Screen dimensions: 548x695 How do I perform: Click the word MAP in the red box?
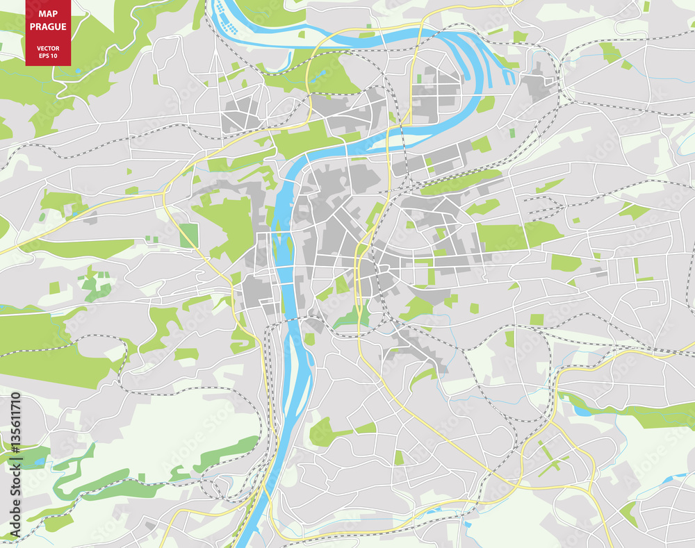pyautogui.click(x=48, y=14)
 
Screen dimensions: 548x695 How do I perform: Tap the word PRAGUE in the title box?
pyautogui.click(x=48, y=27)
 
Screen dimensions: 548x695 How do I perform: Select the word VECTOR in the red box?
pyautogui.click(x=48, y=48)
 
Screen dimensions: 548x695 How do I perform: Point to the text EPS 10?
pyautogui.click(x=48, y=56)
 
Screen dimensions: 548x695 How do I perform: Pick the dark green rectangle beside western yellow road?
pyautogui.click(x=188, y=236)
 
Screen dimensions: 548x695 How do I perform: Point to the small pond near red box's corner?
pyautogui.click(x=79, y=70)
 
